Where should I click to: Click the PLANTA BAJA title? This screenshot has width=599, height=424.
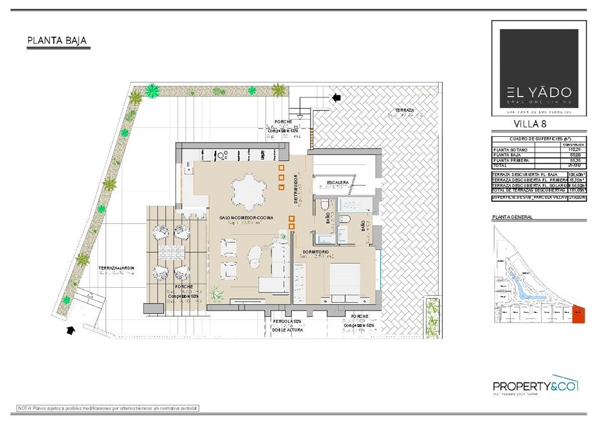click(57, 41)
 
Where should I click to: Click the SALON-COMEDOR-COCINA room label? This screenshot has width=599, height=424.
click(246, 218)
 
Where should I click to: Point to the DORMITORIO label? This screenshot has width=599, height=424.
click(315, 252)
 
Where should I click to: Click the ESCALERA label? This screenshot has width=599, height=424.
click(338, 182)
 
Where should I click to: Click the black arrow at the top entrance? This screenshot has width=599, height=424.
click(336, 98)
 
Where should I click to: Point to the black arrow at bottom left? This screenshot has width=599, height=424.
click(71, 331)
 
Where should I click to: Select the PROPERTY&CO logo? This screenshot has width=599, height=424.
click(535, 387)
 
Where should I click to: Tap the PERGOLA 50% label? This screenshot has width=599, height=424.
click(287, 322)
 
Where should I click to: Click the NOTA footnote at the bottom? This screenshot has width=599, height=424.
click(108, 408)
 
